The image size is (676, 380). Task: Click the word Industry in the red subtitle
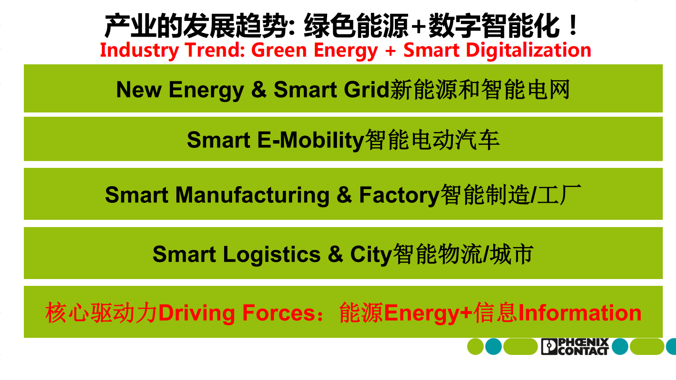(x=139, y=50)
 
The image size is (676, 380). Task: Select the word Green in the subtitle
(x=279, y=50)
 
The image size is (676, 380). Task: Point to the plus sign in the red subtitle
(x=390, y=51)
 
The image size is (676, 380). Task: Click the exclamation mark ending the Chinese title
(x=573, y=26)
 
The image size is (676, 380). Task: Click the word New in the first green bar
(x=138, y=90)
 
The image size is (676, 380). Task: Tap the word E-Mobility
(x=311, y=140)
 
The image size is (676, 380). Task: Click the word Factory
(x=399, y=195)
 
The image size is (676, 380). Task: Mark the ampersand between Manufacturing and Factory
(x=344, y=195)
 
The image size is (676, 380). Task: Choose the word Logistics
(x=271, y=254)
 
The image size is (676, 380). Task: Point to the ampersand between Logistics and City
(x=335, y=254)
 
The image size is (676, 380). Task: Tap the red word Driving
(x=196, y=313)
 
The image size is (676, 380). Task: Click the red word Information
(x=580, y=313)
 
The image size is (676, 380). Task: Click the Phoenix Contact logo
(x=575, y=346)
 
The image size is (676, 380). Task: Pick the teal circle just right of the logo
(x=620, y=346)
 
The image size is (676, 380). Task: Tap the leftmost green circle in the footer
(x=475, y=346)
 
